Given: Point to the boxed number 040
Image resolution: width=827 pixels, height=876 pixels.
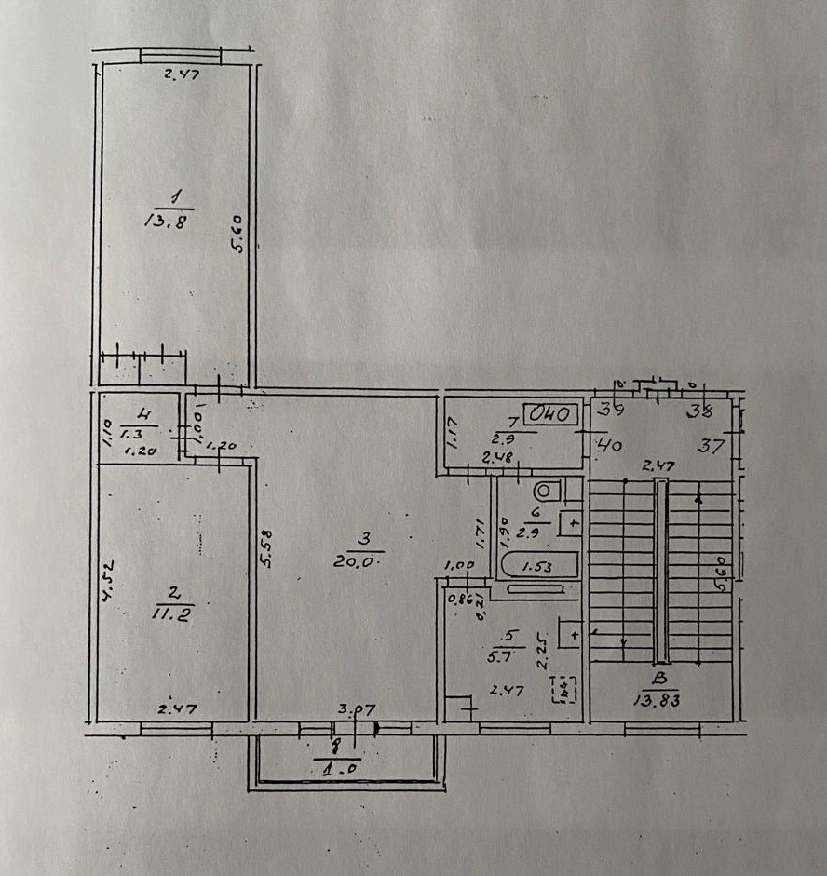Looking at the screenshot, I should coord(550,413).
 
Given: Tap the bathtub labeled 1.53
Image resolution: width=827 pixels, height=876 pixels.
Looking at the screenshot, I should coord(538,564).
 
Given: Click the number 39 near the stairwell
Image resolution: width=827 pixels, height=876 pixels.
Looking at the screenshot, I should coord(611,407).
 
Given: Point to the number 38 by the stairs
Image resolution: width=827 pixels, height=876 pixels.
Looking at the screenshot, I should coord(698,407).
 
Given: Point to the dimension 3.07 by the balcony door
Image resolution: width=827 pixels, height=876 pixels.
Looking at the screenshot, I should coord(356,710).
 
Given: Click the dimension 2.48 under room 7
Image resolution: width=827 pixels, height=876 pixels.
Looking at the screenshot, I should coord(498,457).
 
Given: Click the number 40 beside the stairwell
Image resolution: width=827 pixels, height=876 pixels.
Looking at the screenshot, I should coord(611,446).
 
